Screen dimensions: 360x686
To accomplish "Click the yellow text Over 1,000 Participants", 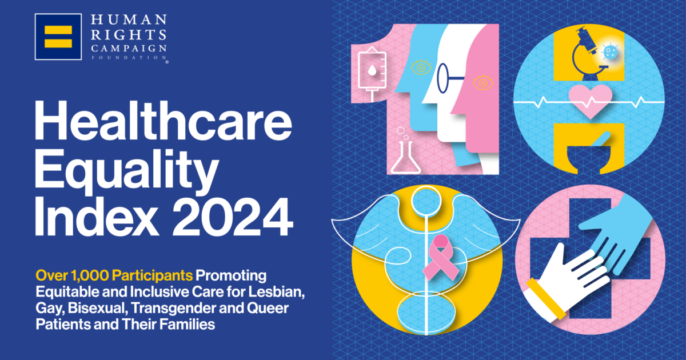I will [115, 276].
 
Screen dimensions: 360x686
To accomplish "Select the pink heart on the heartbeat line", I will [589, 101].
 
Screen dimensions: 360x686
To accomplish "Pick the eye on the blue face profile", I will [422, 67].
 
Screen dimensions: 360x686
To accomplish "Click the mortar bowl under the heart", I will [588, 157].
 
